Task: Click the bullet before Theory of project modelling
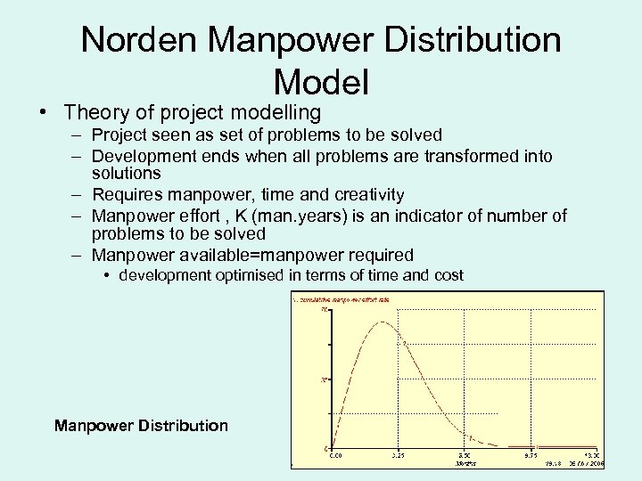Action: (x=43, y=113)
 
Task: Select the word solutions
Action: (x=126, y=173)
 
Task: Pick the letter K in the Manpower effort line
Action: (x=240, y=216)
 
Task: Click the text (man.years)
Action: (x=297, y=216)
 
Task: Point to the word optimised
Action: (x=245, y=275)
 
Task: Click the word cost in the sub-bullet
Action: (x=449, y=275)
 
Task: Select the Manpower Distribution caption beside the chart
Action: (x=141, y=426)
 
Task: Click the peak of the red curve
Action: (x=381, y=322)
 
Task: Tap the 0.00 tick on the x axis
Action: (x=335, y=455)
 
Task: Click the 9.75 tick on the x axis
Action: (x=530, y=455)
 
